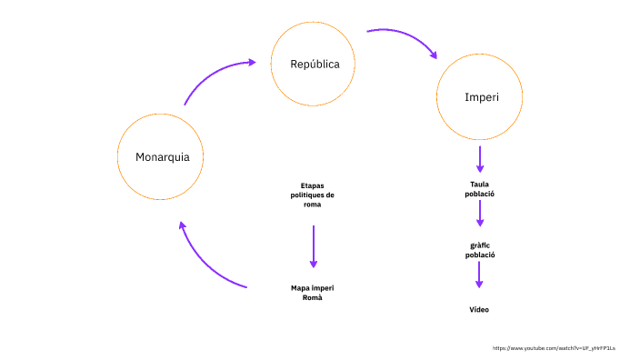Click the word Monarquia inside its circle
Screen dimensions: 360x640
tap(163, 156)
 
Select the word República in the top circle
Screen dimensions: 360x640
tap(315, 64)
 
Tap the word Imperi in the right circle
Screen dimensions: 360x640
tap(480, 96)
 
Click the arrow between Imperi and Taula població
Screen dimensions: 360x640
tap(480, 159)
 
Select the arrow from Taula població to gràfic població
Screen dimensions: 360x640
tap(480, 213)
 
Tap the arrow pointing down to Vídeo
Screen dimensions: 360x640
tap(479, 275)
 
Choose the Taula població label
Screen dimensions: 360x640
tap(480, 189)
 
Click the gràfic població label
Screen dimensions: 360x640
tap(480, 250)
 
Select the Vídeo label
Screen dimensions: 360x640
tap(479, 310)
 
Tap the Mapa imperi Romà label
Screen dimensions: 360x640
tap(313, 293)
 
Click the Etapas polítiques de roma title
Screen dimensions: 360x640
tap(312, 195)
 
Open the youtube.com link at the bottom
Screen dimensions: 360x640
tap(554, 348)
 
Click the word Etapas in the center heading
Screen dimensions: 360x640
tap(312, 186)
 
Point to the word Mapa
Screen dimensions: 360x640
tap(301, 288)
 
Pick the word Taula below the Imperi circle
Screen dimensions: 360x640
tap(480, 185)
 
